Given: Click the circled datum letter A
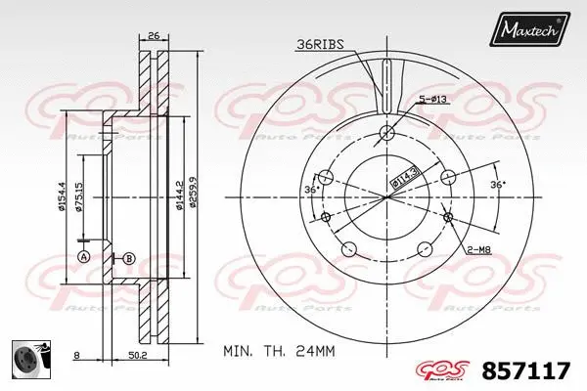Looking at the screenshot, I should [83, 256].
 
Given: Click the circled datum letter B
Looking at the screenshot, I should [129, 258].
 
